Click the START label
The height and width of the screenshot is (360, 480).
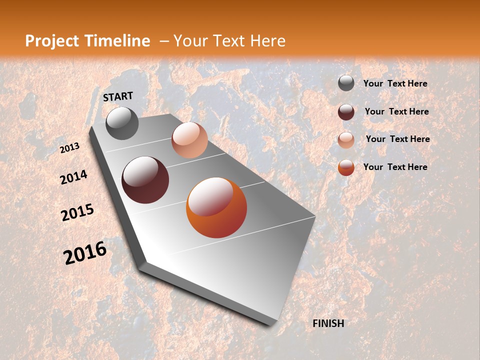coord(118,96)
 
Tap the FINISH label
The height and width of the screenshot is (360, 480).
coord(328,323)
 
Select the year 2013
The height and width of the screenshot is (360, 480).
coord(70,148)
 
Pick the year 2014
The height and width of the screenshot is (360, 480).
coord(74,177)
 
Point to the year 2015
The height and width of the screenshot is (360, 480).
coord(77,212)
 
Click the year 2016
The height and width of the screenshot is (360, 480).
coord(85,253)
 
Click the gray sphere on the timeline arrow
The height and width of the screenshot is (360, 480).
coord(122,123)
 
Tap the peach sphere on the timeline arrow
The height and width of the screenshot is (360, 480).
coord(189,140)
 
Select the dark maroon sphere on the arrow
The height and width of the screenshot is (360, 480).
coord(145,180)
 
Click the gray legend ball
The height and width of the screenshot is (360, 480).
coord(346,83)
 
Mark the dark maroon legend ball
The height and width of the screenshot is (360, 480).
coord(346,112)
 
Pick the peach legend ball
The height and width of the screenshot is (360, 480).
coord(346,139)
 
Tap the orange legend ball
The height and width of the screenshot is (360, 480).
coord(346,167)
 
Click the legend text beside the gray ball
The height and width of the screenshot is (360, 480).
coord(395,83)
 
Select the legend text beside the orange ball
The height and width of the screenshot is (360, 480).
coord(395,167)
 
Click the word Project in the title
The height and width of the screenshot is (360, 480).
coord(52,41)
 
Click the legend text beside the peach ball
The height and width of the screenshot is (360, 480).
coord(397,139)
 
